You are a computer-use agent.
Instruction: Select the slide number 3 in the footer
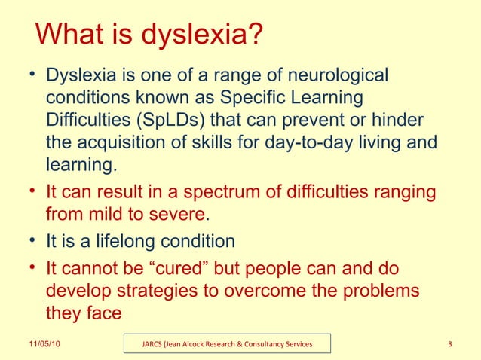tap(449, 345)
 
